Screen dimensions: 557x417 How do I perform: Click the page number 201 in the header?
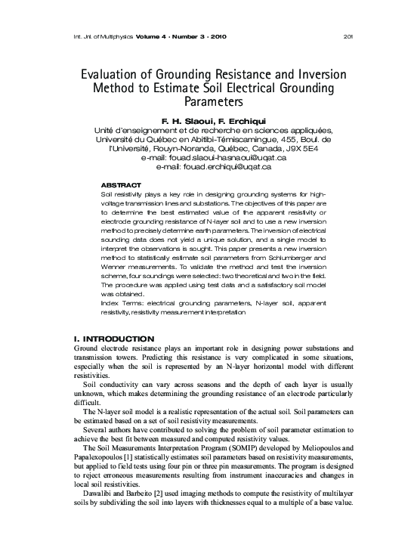click(348, 36)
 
